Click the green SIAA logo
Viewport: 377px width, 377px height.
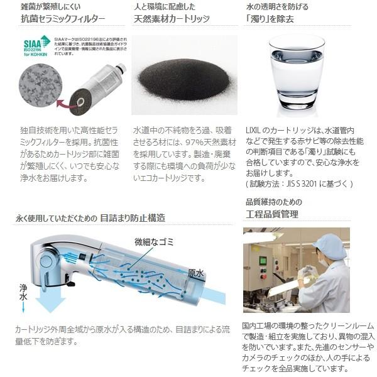pos(37,46)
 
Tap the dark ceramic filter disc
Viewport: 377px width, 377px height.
pos(80,101)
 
